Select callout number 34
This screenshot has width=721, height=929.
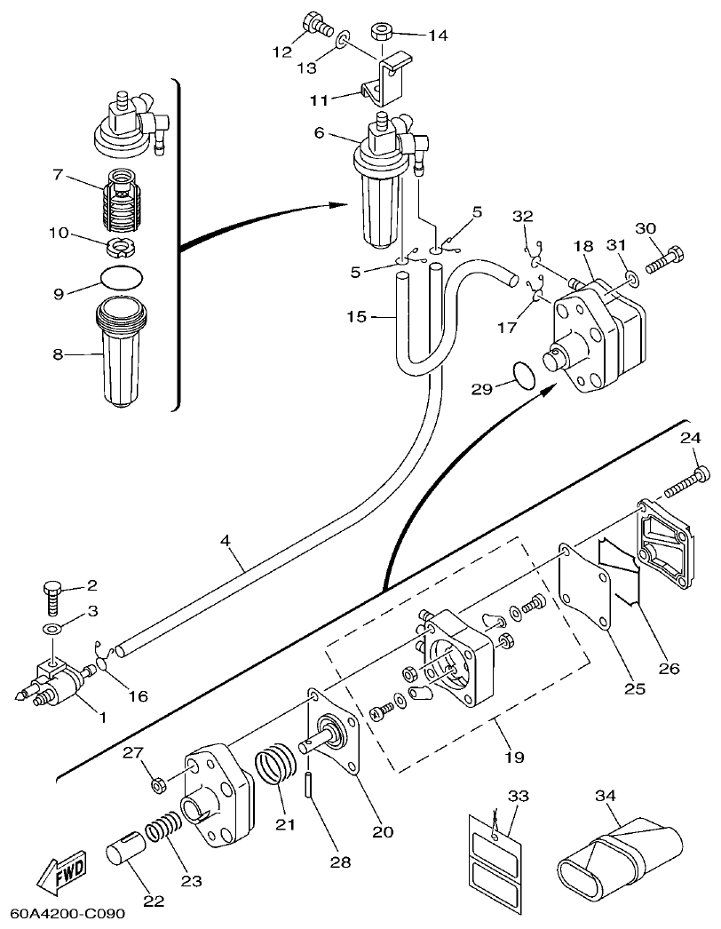[606, 797]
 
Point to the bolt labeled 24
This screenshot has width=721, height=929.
[683, 480]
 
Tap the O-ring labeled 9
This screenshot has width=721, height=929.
[121, 276]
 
